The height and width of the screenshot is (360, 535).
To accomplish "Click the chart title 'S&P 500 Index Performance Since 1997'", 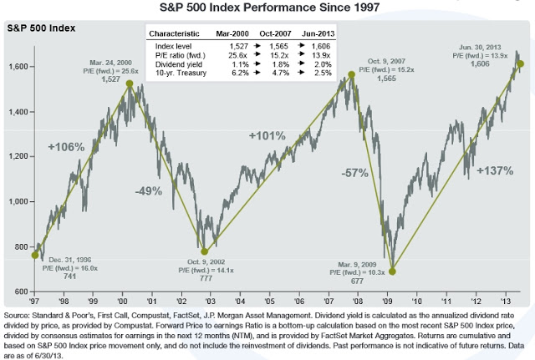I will click(x=267, y=8).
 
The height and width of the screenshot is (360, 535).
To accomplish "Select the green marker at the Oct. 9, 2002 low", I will click(x=205, y=250).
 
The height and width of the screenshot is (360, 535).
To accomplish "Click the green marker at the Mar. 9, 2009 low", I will click(x=392, y=271).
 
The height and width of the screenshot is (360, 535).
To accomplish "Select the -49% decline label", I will click(x=148, y=190).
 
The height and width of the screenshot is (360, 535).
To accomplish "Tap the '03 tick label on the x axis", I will click(x=210, y=299).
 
